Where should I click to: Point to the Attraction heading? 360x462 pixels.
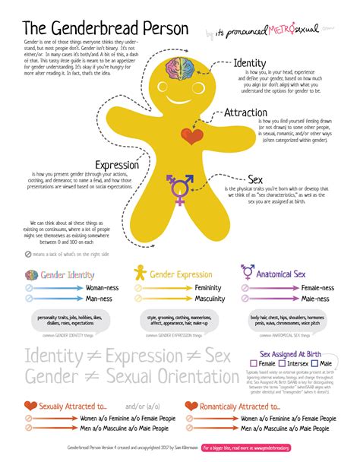pos(245,113)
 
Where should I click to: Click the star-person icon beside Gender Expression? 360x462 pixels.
pos(141,271)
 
